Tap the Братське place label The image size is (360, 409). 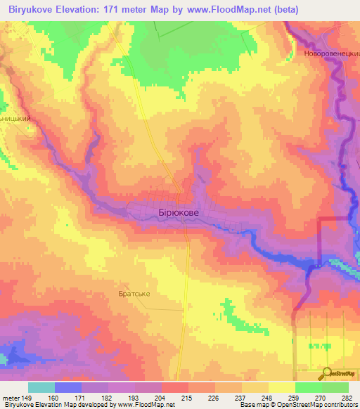[135, 294]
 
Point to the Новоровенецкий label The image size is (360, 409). [332, 53]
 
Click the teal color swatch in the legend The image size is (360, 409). [41, 387]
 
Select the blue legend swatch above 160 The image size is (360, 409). [68, 387]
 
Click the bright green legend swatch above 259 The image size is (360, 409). [308, 387]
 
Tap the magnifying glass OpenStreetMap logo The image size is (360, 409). [327, 375]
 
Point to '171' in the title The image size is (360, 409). [119, 10]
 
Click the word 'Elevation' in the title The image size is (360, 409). [82, 10]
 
